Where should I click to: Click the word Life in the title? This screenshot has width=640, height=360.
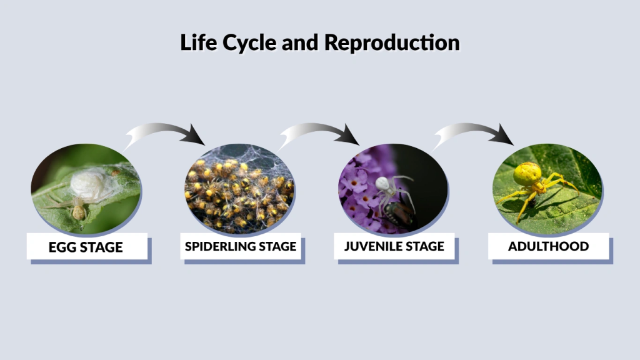pyautogui.click(x=195, y=42)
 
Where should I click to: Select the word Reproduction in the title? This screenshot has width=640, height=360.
pyautogui.click(x=392, y=42)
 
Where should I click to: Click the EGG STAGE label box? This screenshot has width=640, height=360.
pyautogui.click(x=86, y=247)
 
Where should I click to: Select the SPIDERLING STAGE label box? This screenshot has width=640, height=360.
pyautogui.click(x=241, y=246)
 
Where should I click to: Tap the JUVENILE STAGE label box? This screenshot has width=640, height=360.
pyautogui.click(x=394, y=246)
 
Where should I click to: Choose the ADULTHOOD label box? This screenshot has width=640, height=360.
pyautogui.click(x=548, y=246)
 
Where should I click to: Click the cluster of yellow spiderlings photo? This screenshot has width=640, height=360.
pyautogui.click(x=240, y=191)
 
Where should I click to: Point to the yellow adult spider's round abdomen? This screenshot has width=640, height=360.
pyautogui.click(x=527, y=173)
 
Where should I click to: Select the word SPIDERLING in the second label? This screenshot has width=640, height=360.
pyautogui.click(x=220, y=246)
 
